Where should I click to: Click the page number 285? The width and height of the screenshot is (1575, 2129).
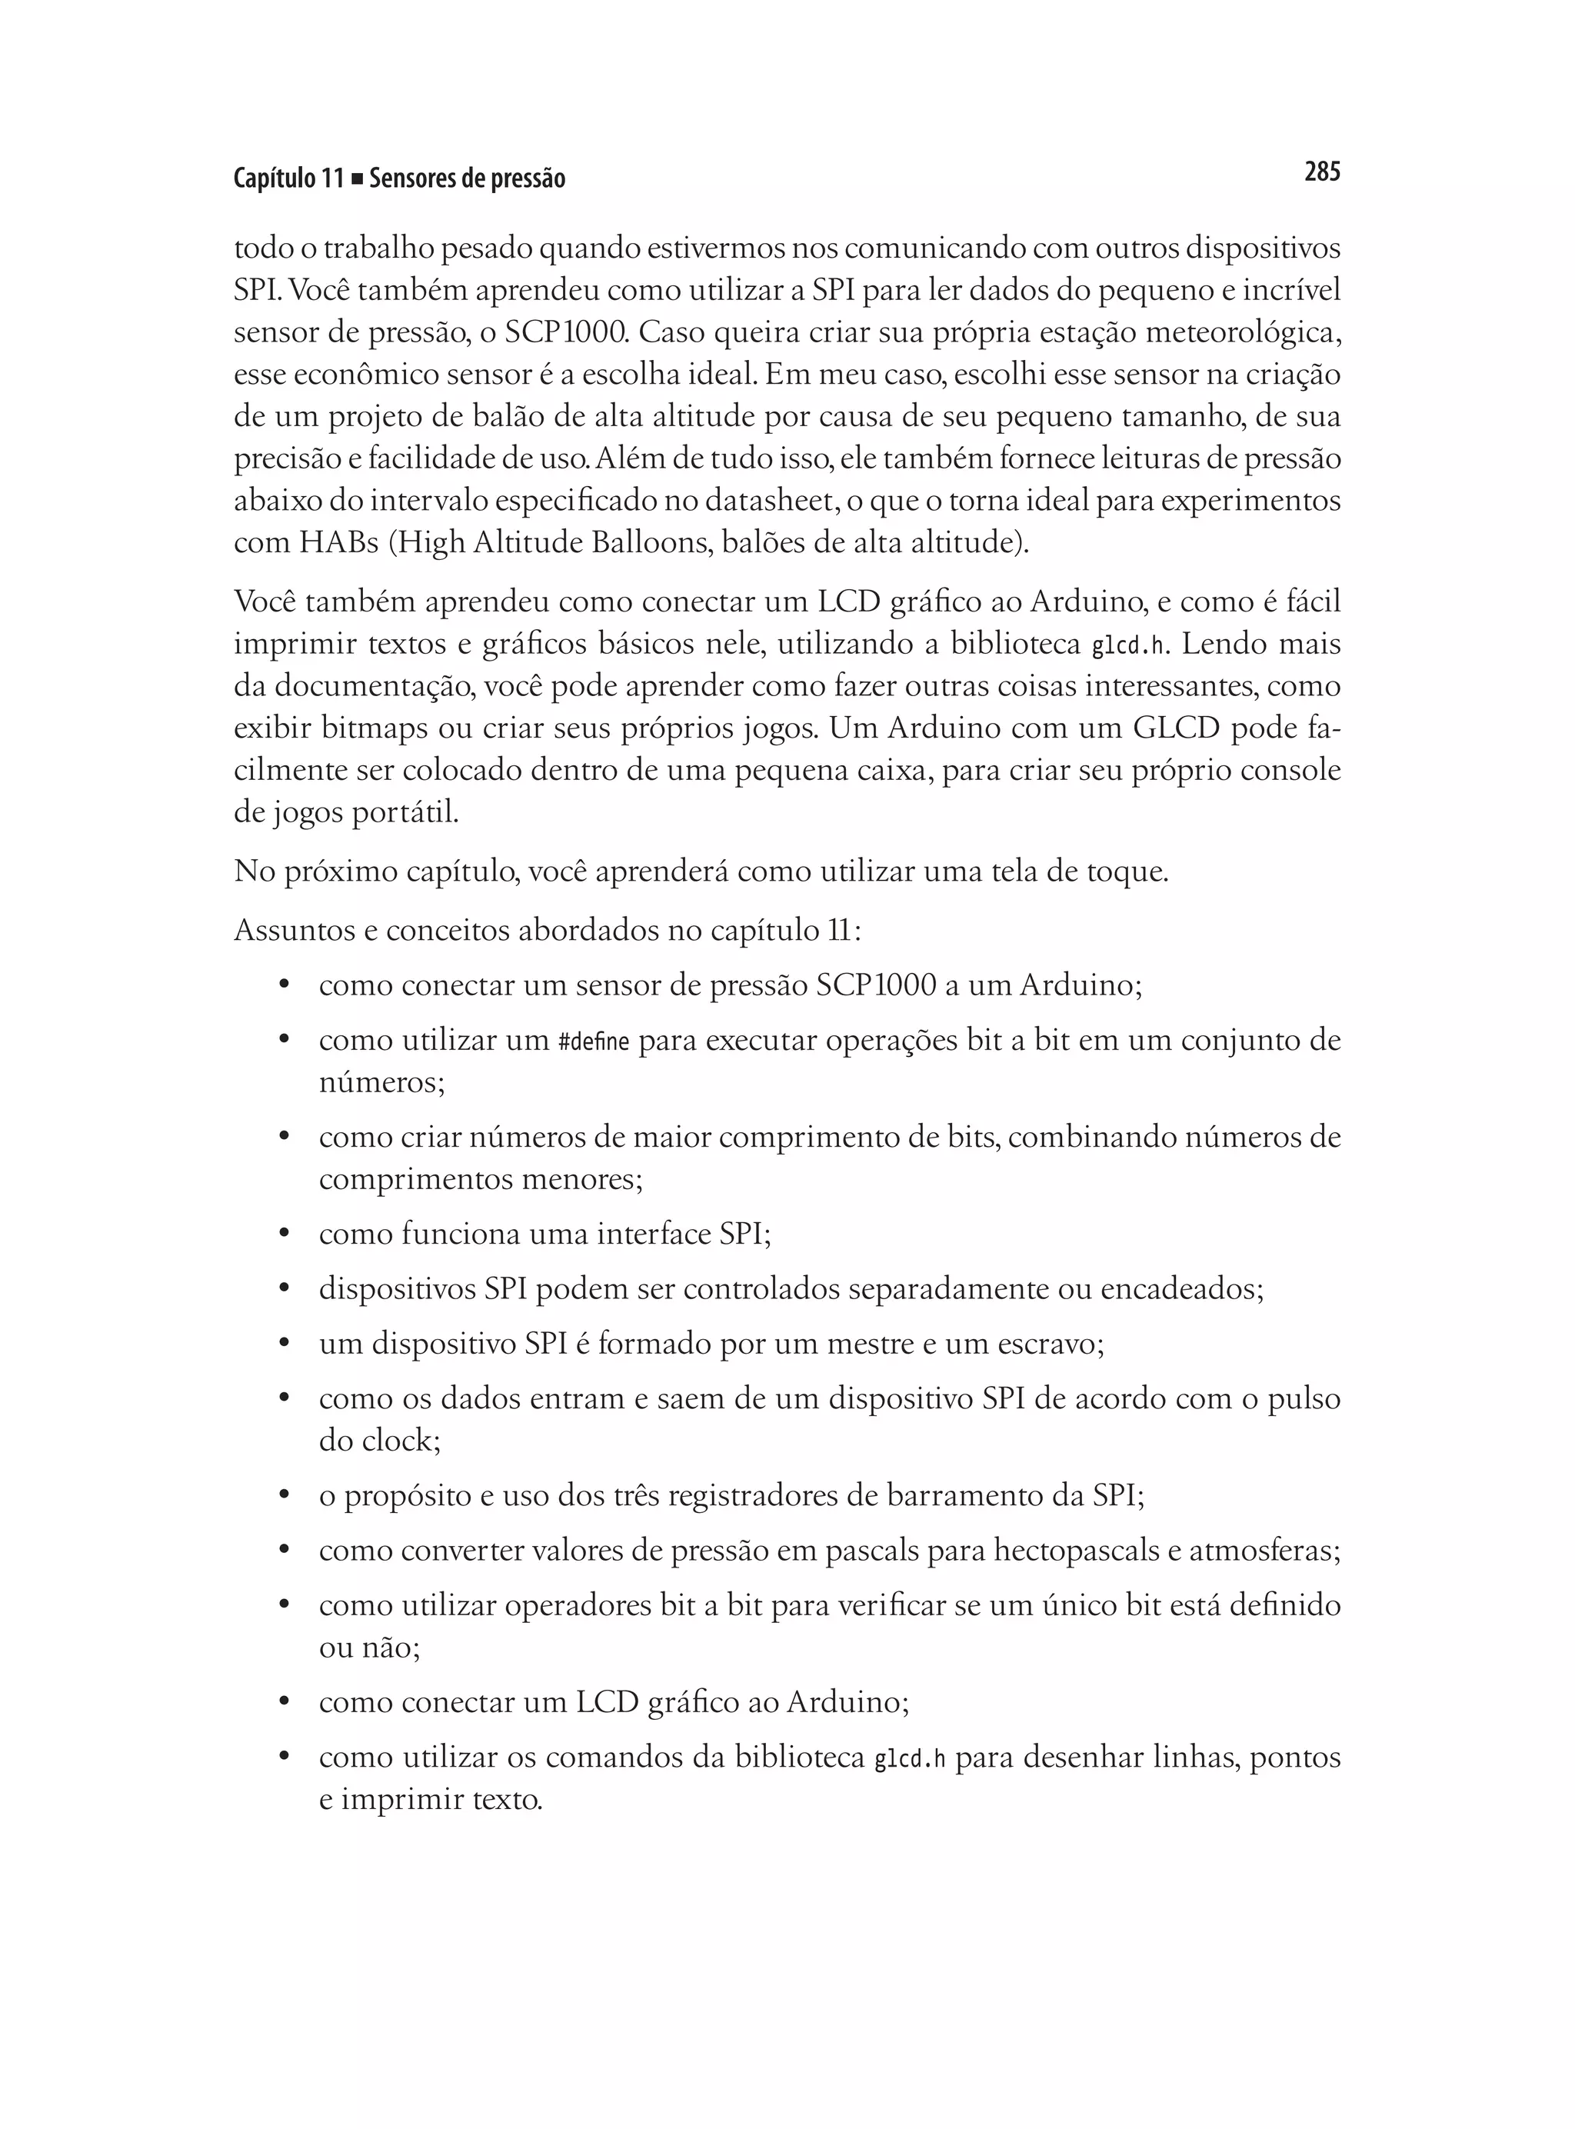pos(1321,172)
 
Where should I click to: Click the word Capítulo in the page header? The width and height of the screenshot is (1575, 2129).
pos(274,178)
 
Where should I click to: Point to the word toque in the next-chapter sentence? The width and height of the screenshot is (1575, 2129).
pos(1126,871)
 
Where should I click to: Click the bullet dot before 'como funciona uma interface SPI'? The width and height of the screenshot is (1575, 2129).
pos(283,1234)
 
